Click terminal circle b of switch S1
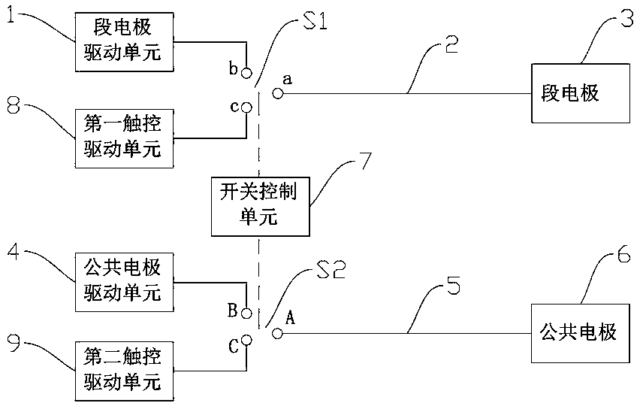[x=246, y=73]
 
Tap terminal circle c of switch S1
[x=246, y=108]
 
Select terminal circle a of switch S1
[x=278, y=93]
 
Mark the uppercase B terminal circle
[x=246, y=314]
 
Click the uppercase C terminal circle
[x=246, y=340]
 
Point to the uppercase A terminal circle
[x=278, y=334]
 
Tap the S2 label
[x=331, y=268]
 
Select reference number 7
[x=365, y=161]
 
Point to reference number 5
[x=453, y=285]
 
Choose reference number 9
[x=14, y=343]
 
